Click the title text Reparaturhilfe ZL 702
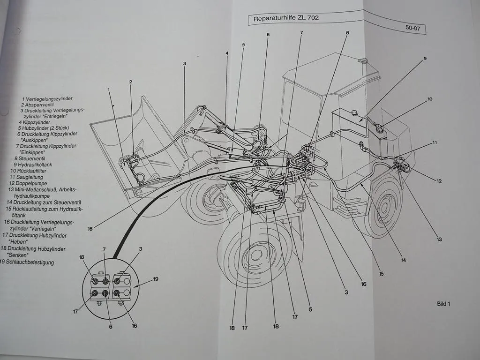(x=286, y=19)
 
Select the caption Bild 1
(x=443, y=304)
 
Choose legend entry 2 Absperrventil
(x=38, y=105)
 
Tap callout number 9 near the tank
(x=425, y=59)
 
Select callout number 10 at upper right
(x=429, y=99)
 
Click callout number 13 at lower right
(x=439, y=239)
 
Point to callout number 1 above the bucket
(x=108, y=89)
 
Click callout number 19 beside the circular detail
(x=156, y=279)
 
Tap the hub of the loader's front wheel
(x=256, y=255)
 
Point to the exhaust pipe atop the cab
(x=362, y=61)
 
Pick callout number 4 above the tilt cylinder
(x=227, y=53)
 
